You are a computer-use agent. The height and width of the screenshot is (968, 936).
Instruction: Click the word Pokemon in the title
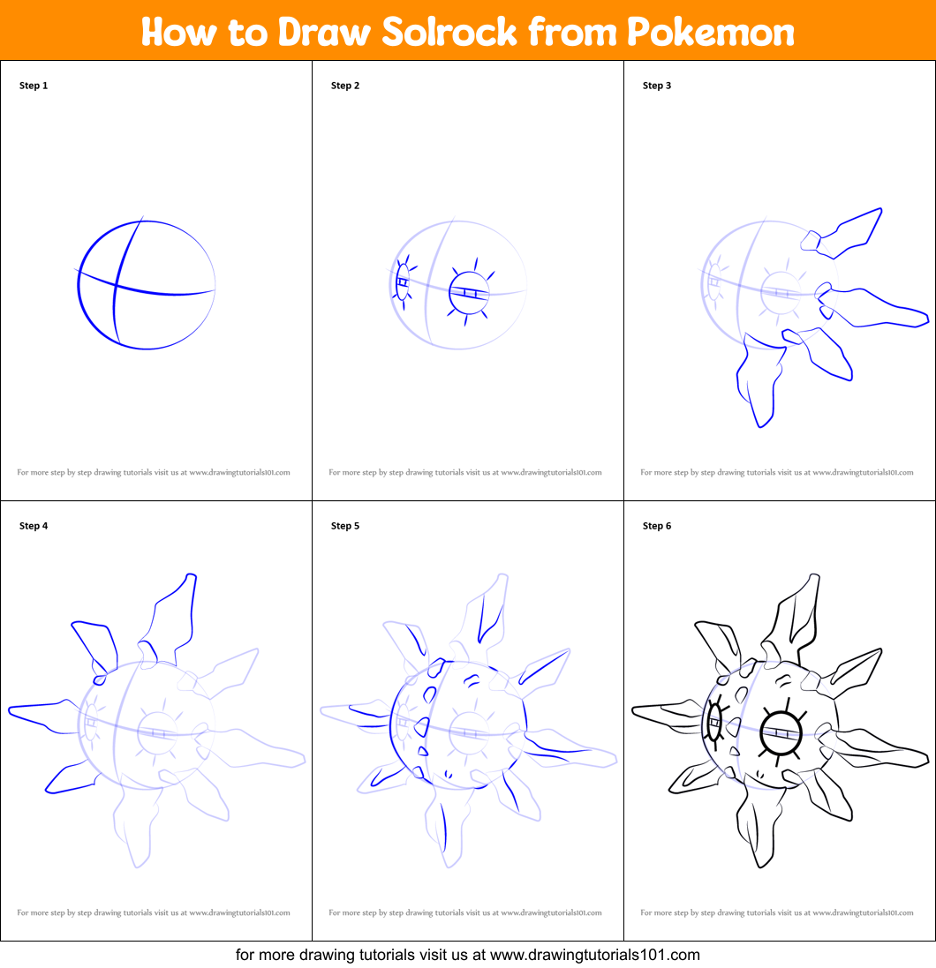[x=711, y=33]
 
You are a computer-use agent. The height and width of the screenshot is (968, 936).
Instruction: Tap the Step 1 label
[x=34, y=86]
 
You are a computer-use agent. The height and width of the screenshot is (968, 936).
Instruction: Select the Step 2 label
[x=345, y=86]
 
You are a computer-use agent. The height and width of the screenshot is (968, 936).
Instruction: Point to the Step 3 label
[x=657, y=86]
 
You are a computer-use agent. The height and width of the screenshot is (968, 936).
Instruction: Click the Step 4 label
[x=34, y=526]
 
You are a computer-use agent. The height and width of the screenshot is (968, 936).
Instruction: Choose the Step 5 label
[x=345, y=526]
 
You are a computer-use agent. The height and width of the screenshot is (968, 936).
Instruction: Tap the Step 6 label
[x=657, y=526]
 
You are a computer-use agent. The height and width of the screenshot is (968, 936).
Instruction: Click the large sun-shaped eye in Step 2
[x=468, y=292]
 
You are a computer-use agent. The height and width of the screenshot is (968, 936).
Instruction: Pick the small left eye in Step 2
[x=403, y=282]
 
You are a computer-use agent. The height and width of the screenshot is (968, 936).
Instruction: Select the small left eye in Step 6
[x=714, y=722]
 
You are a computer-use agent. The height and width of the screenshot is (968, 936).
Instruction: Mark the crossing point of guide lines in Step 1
[x=117, y=284]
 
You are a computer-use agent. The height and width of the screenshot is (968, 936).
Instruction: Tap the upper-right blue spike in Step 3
[x=848, y=236]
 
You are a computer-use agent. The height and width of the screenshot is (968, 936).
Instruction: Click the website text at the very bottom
[x=468, y=954]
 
